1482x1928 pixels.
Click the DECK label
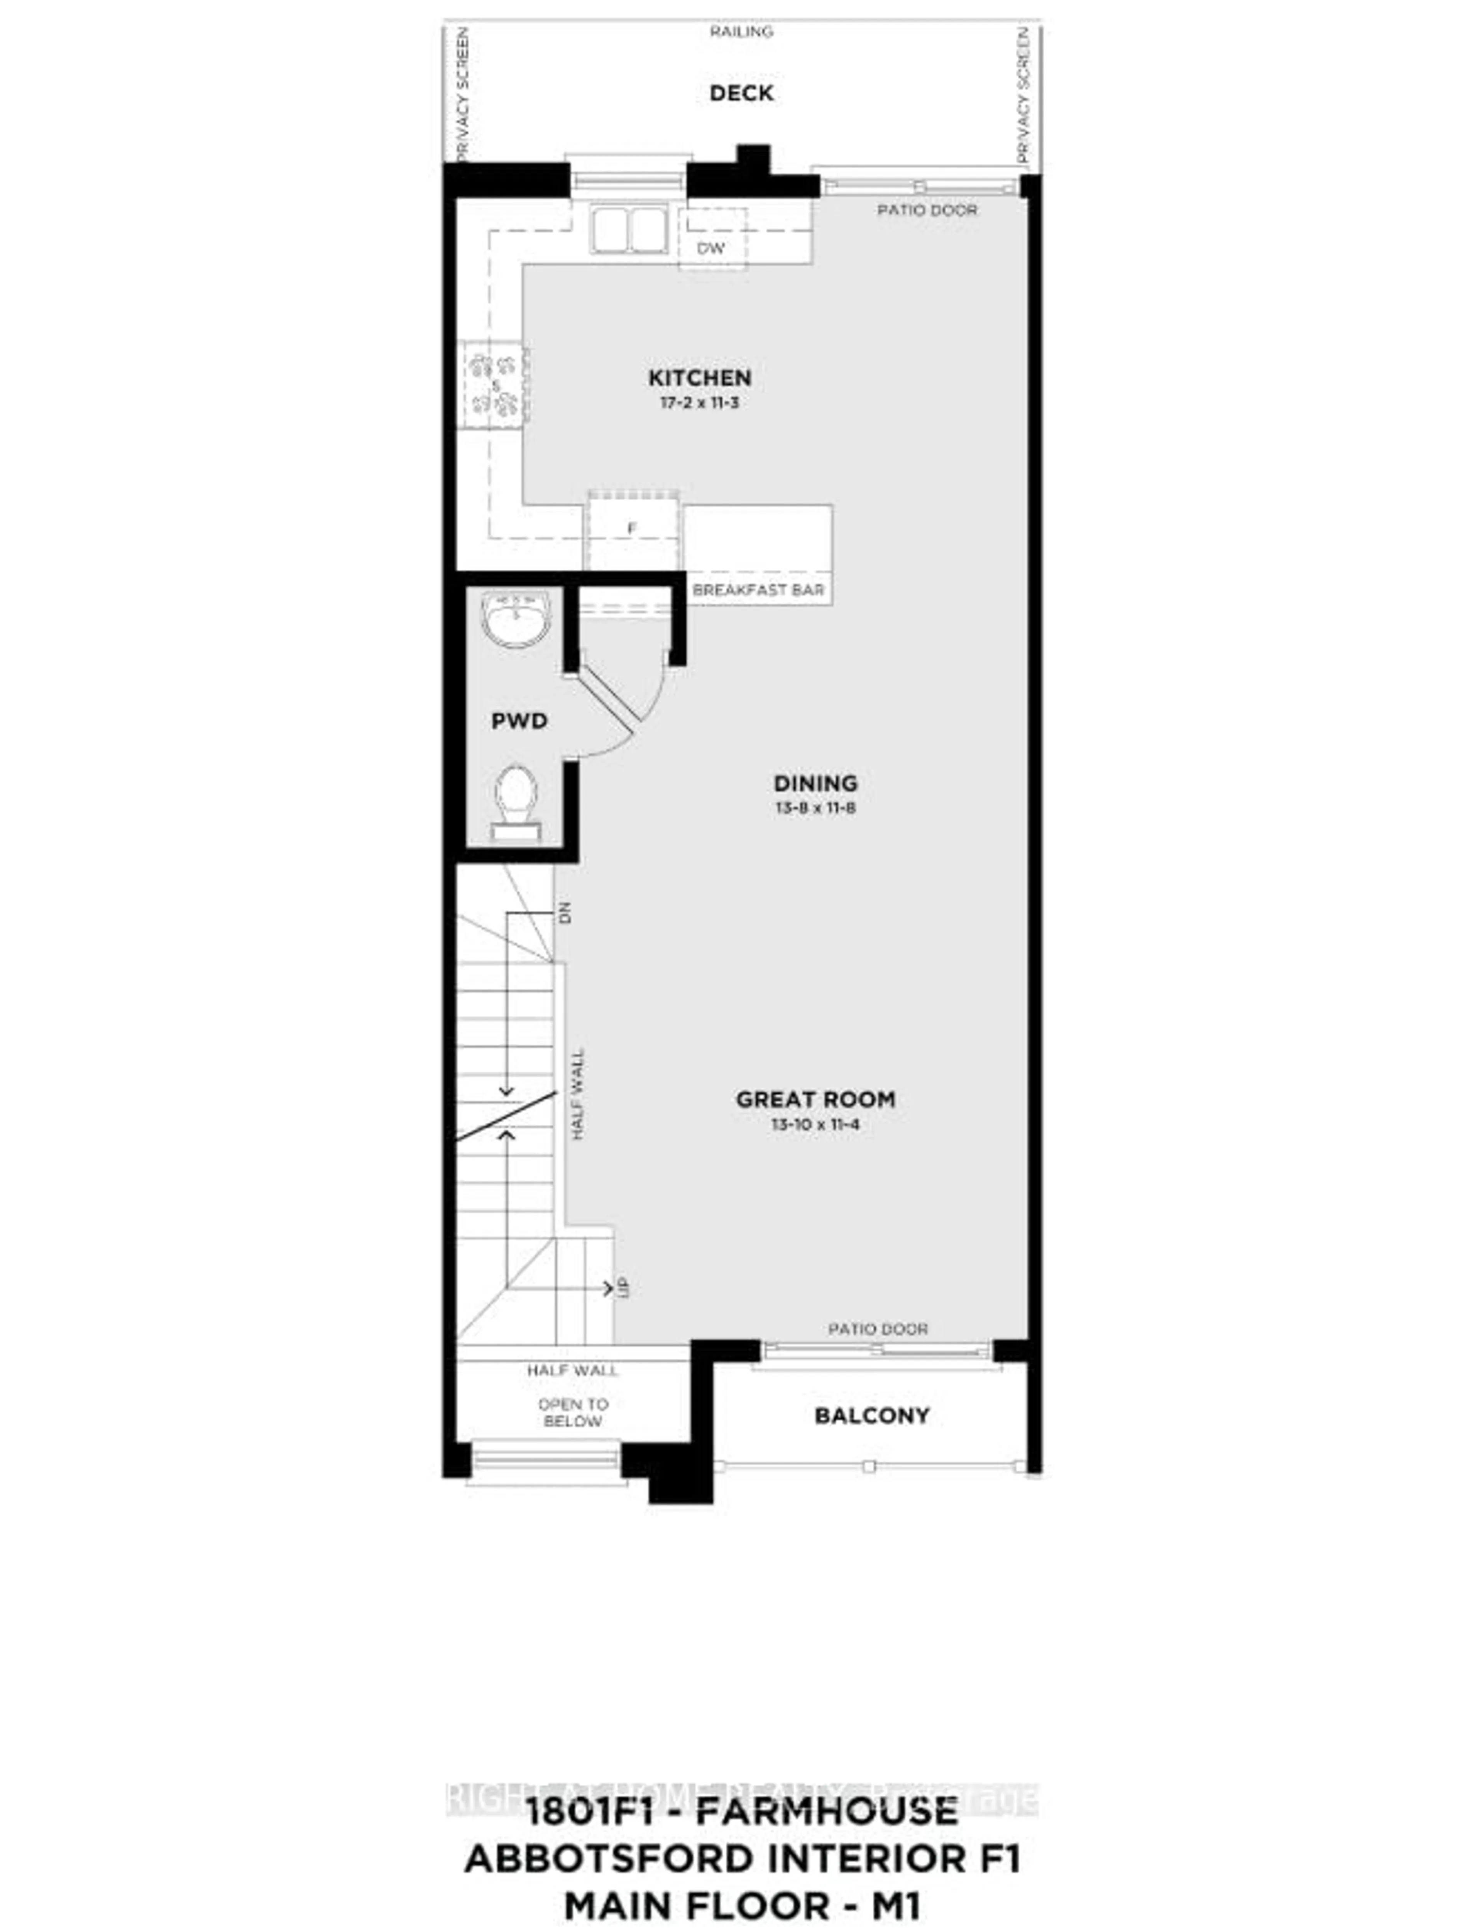(x=741, y=93)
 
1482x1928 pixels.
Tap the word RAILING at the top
(x=741, y=32)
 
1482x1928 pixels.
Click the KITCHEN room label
(x=700, y=377)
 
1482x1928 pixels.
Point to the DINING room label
(x=815, y=783)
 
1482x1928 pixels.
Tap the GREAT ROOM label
(x=815, y=1099)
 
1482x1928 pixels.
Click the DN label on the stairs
(x=565, y=912)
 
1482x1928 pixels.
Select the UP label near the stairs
(x=624, y=1287)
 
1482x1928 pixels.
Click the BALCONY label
(x=871, y=1415)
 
